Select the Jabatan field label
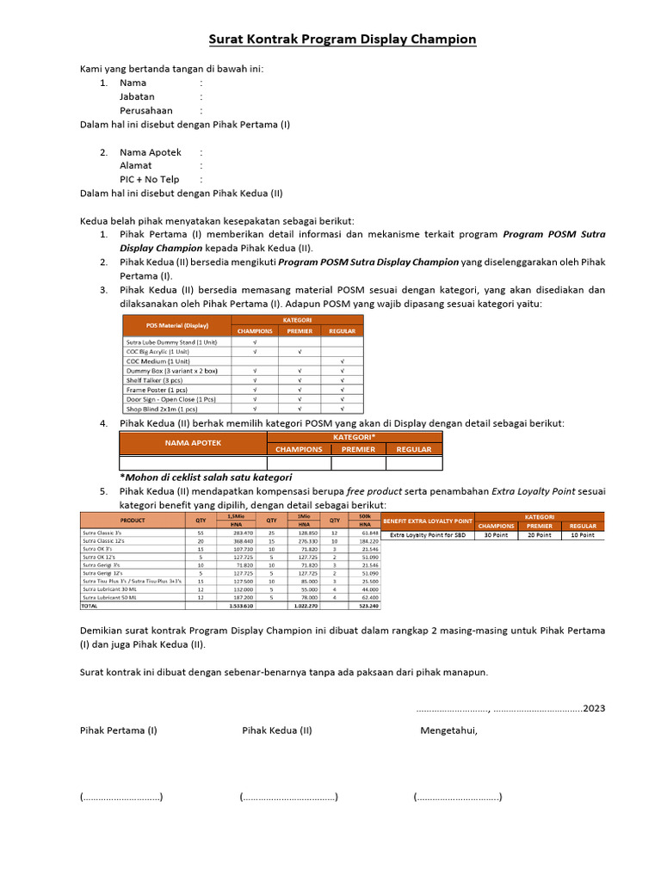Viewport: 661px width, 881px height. point(137,97)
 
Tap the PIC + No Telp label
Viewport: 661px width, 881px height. point(149,180)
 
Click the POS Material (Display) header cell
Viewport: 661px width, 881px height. point(176,325)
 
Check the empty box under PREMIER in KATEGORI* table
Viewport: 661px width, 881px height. point(358,463)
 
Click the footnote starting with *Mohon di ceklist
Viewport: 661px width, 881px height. point(205,477)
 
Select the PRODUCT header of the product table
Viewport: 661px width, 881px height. point(133,520)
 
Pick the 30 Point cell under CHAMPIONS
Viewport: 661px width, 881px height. point(496,534)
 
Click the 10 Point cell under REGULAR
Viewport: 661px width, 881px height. point(583,534)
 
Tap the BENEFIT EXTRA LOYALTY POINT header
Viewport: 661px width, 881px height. point(428,521)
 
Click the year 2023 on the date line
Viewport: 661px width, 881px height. point(593,708)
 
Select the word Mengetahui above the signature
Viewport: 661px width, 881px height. point(448,731)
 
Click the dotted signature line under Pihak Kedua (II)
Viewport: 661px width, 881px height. point(288,797)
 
